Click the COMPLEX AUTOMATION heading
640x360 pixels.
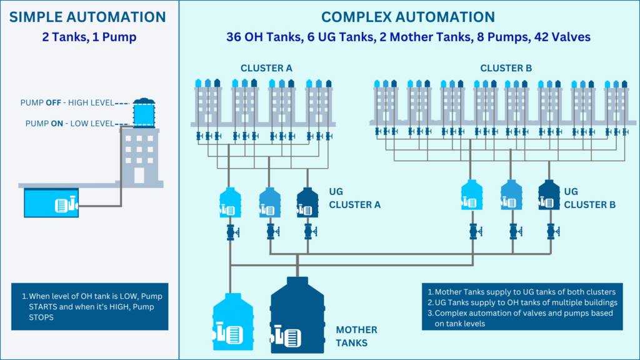[x=407, y=17]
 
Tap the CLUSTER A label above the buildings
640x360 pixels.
[x=266, y=68]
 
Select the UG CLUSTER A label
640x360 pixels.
[x=354, y=199]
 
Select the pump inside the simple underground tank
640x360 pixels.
[x=65, y=204]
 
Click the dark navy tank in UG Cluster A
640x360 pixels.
[x=307, y=203]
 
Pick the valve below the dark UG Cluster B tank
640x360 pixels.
[x=551, y=231]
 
